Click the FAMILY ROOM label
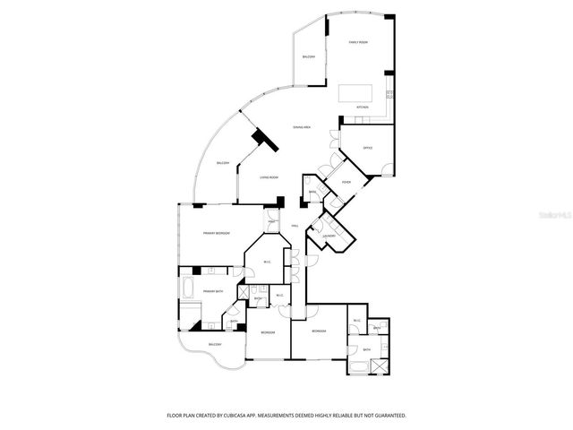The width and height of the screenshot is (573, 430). [358, 43]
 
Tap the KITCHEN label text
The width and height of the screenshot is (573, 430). [363, 107]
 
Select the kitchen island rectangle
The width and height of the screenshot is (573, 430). [356, 93]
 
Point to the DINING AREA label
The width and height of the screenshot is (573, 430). [302, 128]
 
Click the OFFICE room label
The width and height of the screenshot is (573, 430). [367, 148]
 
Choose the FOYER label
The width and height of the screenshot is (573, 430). [346, 183]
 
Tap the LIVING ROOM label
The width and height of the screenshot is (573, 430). [269, 177]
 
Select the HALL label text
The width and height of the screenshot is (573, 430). [295, 225]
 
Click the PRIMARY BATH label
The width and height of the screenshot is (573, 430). [212, 291]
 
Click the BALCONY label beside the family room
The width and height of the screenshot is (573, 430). [310, 57]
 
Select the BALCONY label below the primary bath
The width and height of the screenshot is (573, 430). [215, 345]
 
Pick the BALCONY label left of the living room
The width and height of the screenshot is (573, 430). [223, 163]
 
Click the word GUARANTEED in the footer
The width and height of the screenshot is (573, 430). [387, 416]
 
